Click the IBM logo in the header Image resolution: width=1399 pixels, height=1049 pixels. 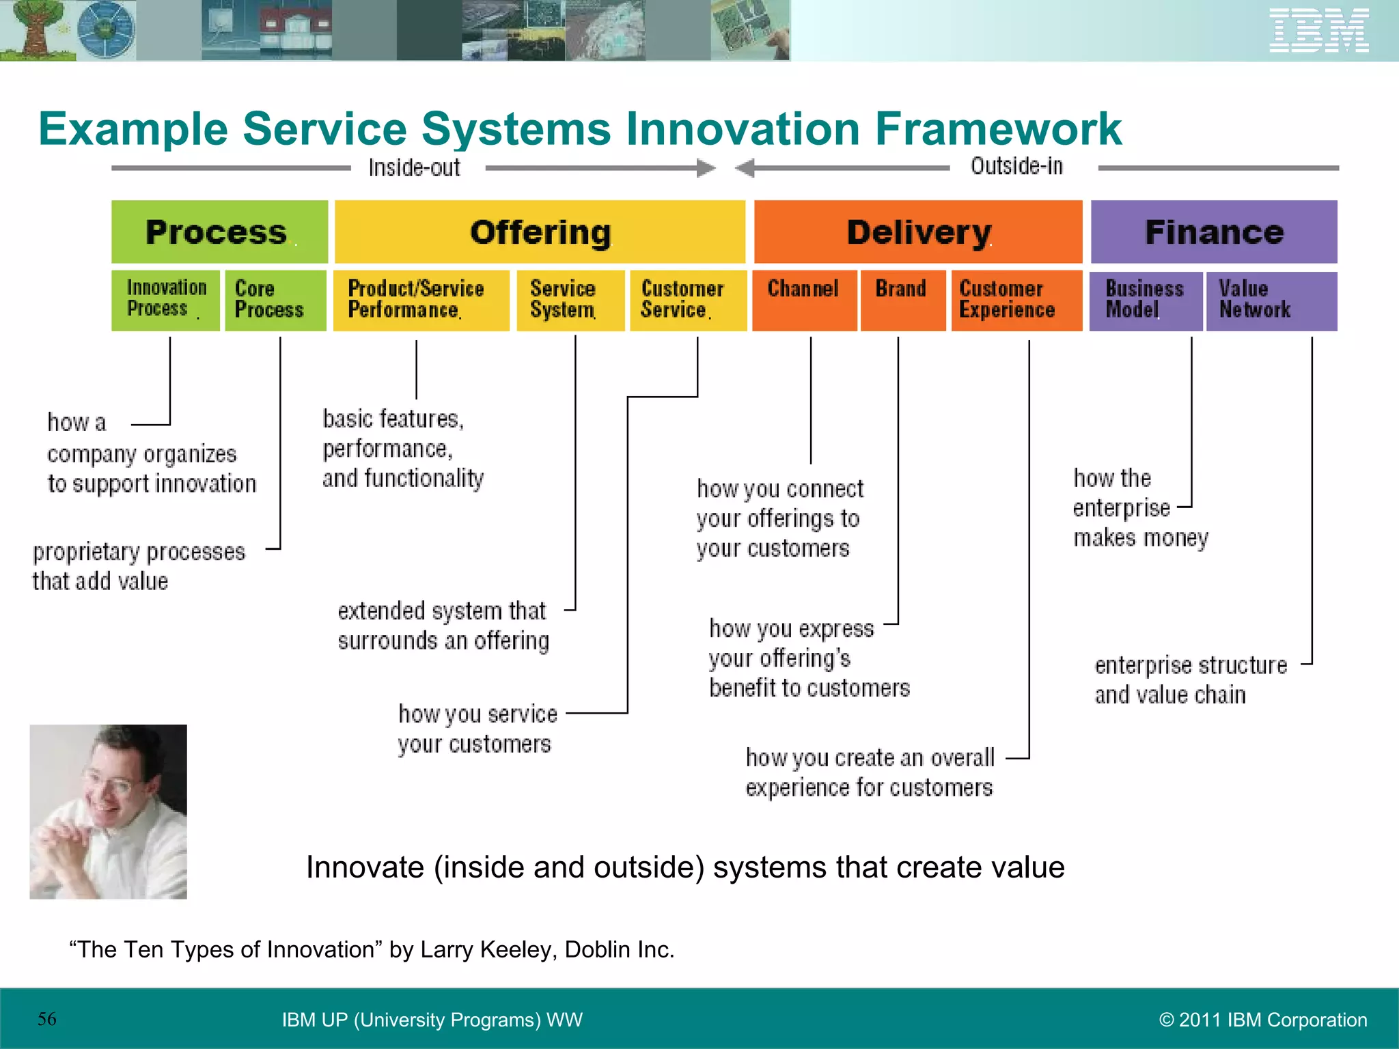(1318, 31)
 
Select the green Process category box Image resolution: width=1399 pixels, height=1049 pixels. (219, 232)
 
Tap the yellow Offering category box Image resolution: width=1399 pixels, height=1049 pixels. (540, 232)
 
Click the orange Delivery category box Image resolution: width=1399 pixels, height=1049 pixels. (918, 232)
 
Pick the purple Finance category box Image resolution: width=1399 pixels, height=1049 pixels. (1214, 232)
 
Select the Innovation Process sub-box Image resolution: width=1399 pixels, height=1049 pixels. (166, 300)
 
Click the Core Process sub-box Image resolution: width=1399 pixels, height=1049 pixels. (275, 300)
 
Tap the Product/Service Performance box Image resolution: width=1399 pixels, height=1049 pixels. (421, 300)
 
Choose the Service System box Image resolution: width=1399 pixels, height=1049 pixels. (570, 300)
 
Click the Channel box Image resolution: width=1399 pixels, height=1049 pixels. (804, 300)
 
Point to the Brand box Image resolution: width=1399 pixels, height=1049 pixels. (902, 300)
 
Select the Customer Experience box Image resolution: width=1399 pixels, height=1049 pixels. (1016, 300)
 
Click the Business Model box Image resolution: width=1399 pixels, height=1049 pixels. (1146, 300)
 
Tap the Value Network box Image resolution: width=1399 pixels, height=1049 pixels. (1271, 300)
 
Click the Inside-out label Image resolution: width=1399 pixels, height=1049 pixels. (415, 168)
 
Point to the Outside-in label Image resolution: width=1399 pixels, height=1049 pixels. (1017, 167)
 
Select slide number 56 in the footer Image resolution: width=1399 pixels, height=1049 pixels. (47, 1019)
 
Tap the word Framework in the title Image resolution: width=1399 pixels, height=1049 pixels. (999, 129)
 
